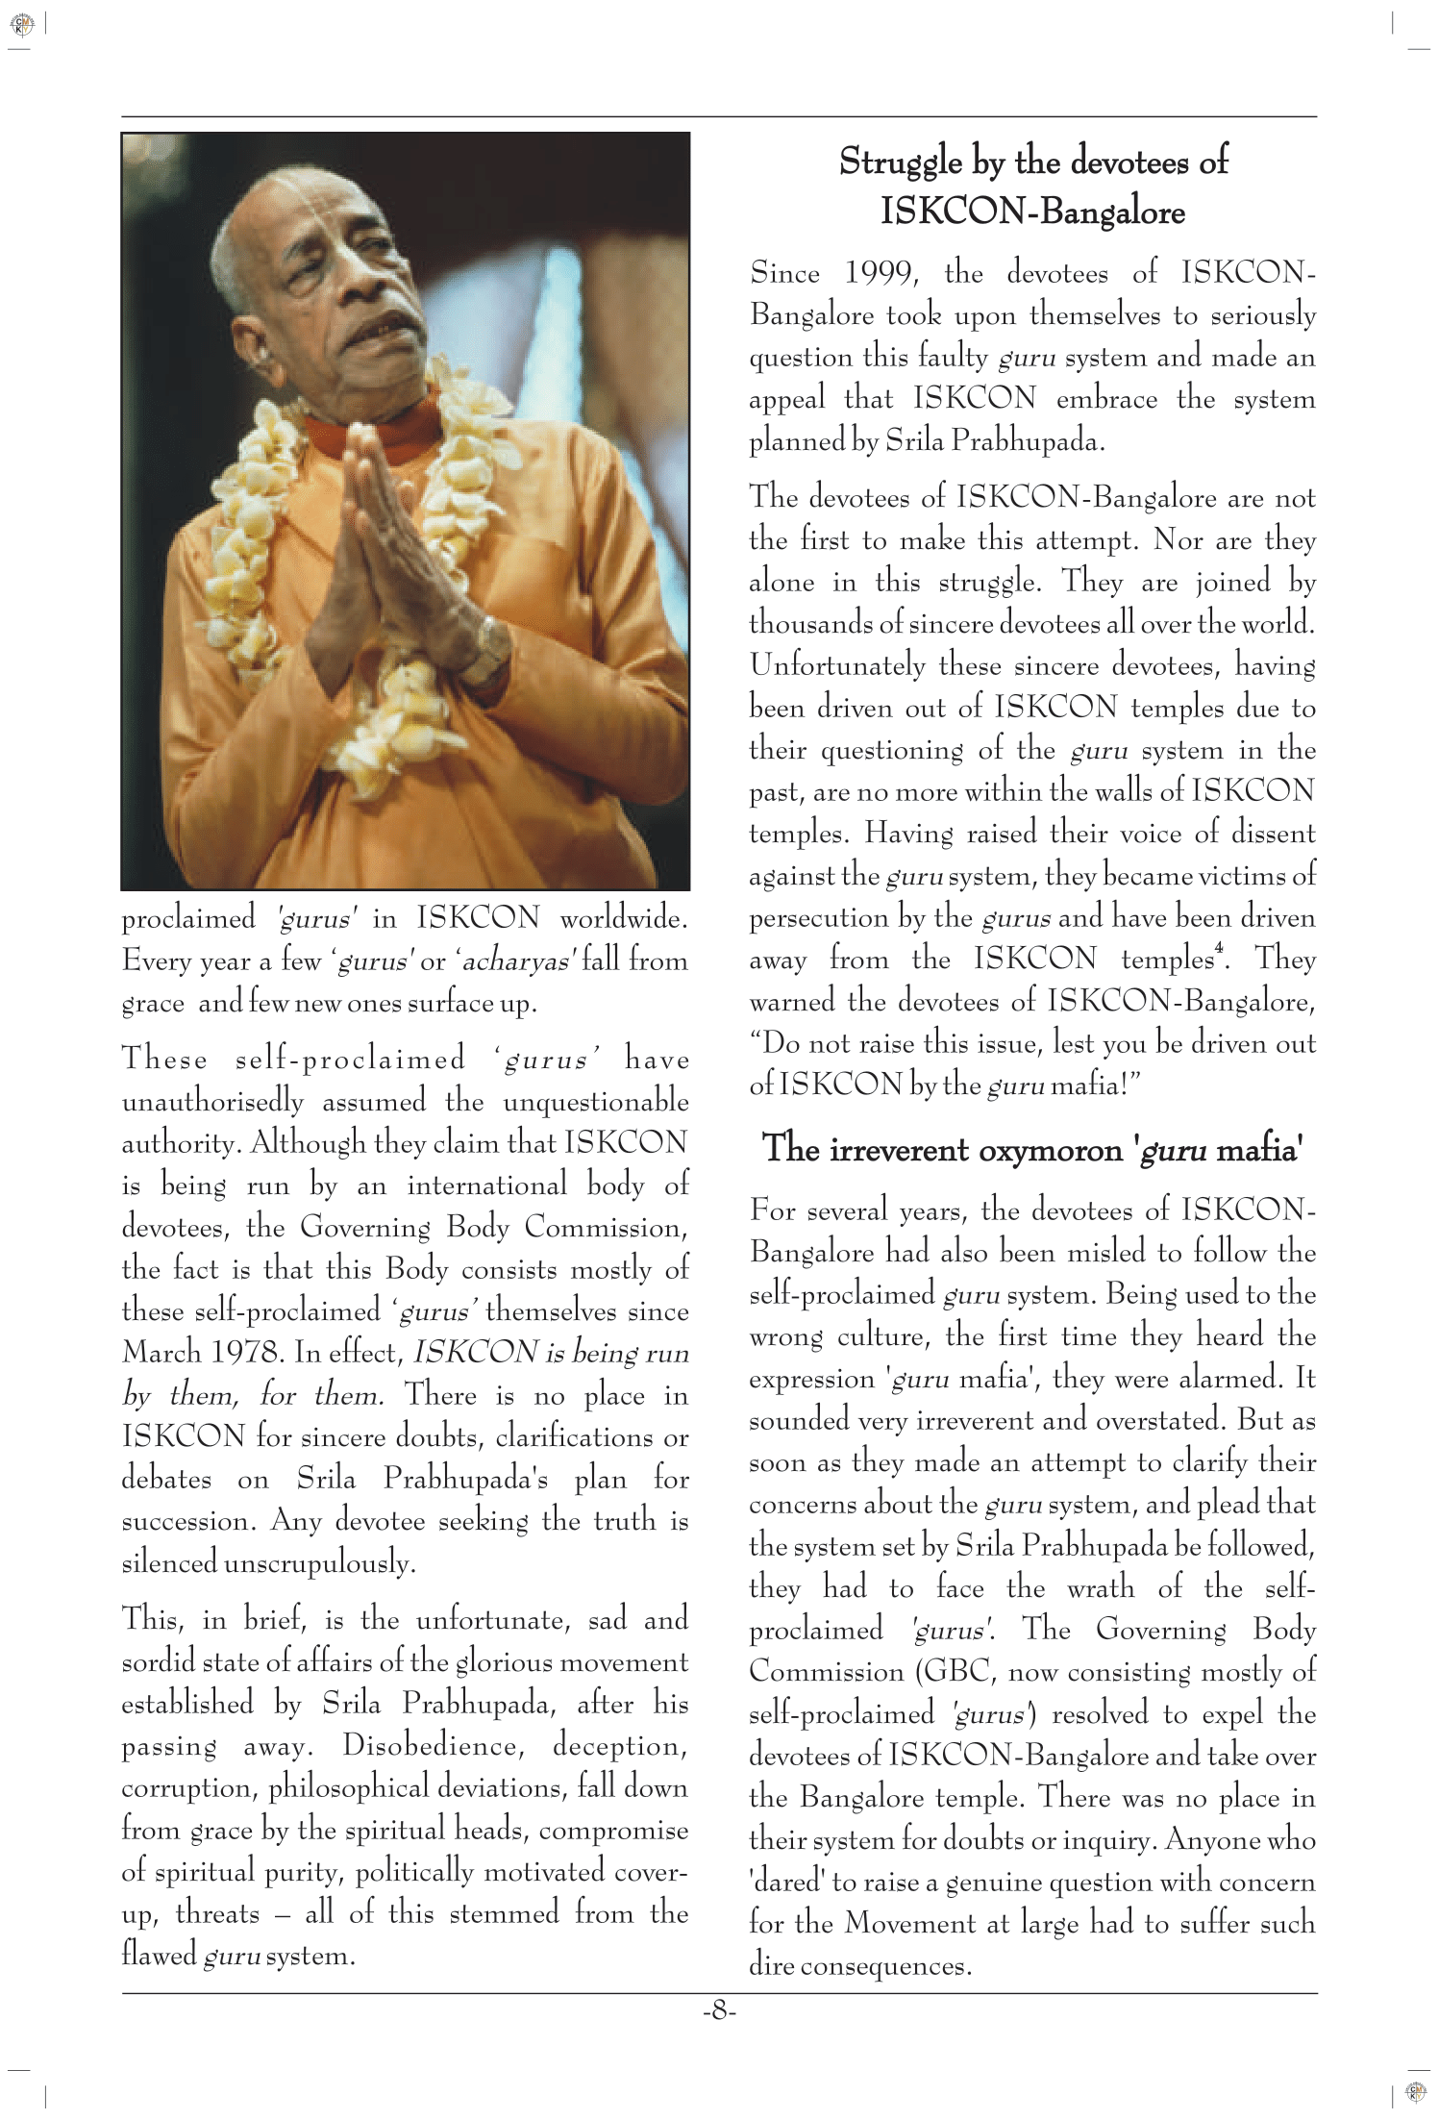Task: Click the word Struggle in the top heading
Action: (901, 162)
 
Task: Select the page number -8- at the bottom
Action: (718, 2010)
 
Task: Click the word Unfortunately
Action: (836, 665)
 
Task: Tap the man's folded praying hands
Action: (363, 538)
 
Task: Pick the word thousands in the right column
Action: (803, 624)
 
